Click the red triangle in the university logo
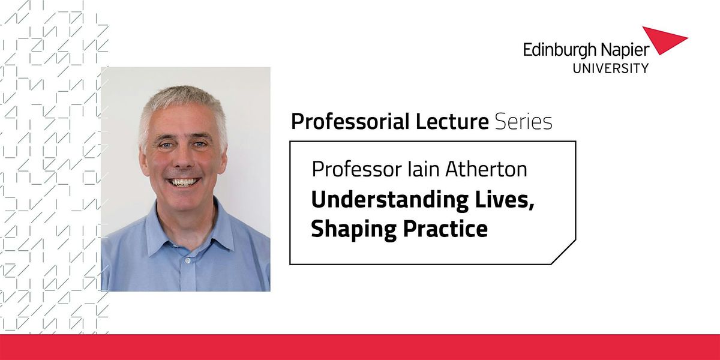662,40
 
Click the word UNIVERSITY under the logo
610,68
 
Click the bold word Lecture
452,121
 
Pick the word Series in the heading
523,121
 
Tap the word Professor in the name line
357,169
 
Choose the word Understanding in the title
389,200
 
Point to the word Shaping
353,229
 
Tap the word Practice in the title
445,229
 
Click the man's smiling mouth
184,182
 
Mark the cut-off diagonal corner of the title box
563,252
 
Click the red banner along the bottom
360,347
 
